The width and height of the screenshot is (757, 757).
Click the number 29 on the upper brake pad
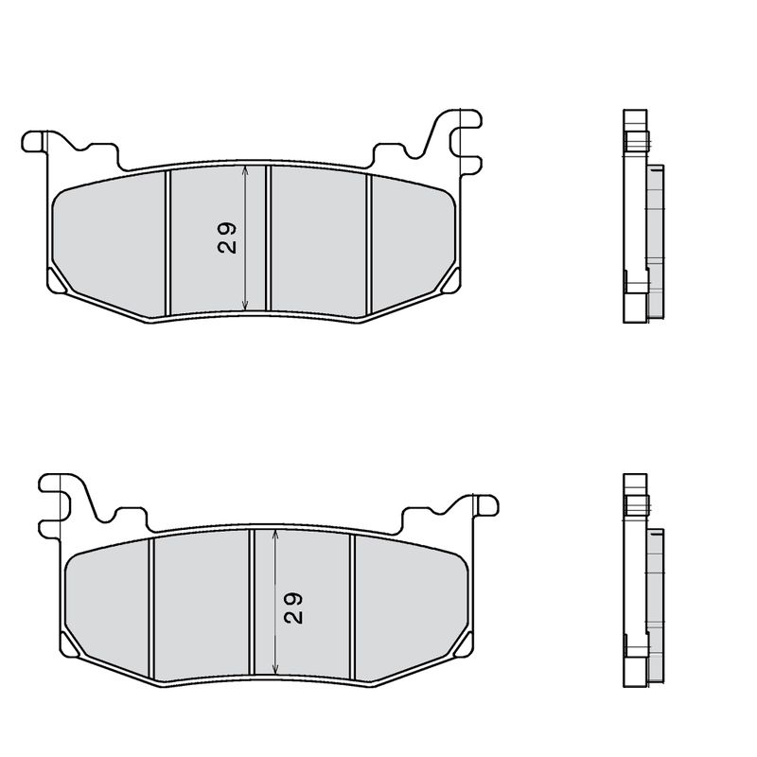(227, 238)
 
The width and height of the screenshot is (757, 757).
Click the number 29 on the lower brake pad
(293, 607)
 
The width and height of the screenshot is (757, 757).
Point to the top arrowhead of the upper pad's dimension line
(245, 171)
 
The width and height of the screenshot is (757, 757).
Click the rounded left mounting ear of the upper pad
(34, 142)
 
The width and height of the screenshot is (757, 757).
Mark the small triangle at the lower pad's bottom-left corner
(71, 646)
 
